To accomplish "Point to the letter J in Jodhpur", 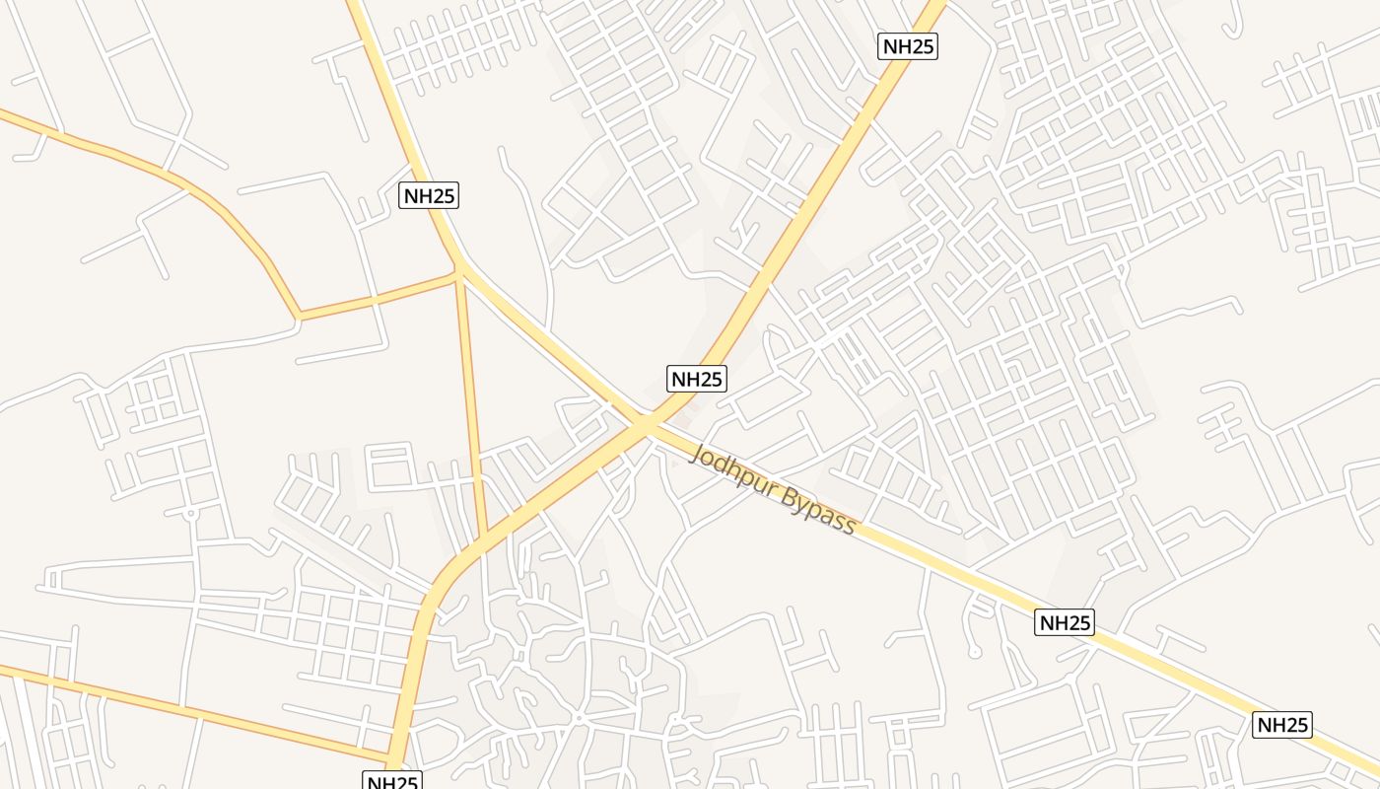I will point(700,456).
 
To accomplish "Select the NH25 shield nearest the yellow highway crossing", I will point(697,379).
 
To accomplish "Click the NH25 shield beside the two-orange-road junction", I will point(429,195).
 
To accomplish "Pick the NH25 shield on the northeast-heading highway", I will point(907,46).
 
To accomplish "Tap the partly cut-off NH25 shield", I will point(392,781).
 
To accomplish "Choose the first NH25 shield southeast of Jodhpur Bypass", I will point(1065,622).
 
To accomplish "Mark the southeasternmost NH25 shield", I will point(1282,725).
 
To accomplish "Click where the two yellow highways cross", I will point(646,424).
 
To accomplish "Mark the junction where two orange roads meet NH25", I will point(459,272).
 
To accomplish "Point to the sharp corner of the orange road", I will point(300,317).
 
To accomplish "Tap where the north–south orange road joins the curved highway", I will point(484,538).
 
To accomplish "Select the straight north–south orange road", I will point(471,404).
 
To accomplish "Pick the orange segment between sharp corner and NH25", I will point(379,295).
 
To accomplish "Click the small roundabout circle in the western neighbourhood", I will point(189,514).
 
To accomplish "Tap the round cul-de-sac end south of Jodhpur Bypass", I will point(974,652).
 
